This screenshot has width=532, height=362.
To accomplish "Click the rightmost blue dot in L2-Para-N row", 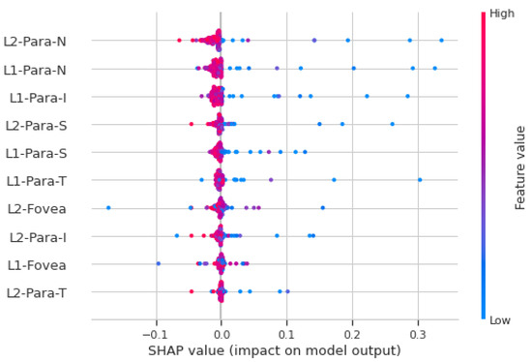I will coord(442,41).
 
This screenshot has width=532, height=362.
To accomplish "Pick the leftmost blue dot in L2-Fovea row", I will coord(108,208).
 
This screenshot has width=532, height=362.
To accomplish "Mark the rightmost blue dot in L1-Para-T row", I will coord(420,180).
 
